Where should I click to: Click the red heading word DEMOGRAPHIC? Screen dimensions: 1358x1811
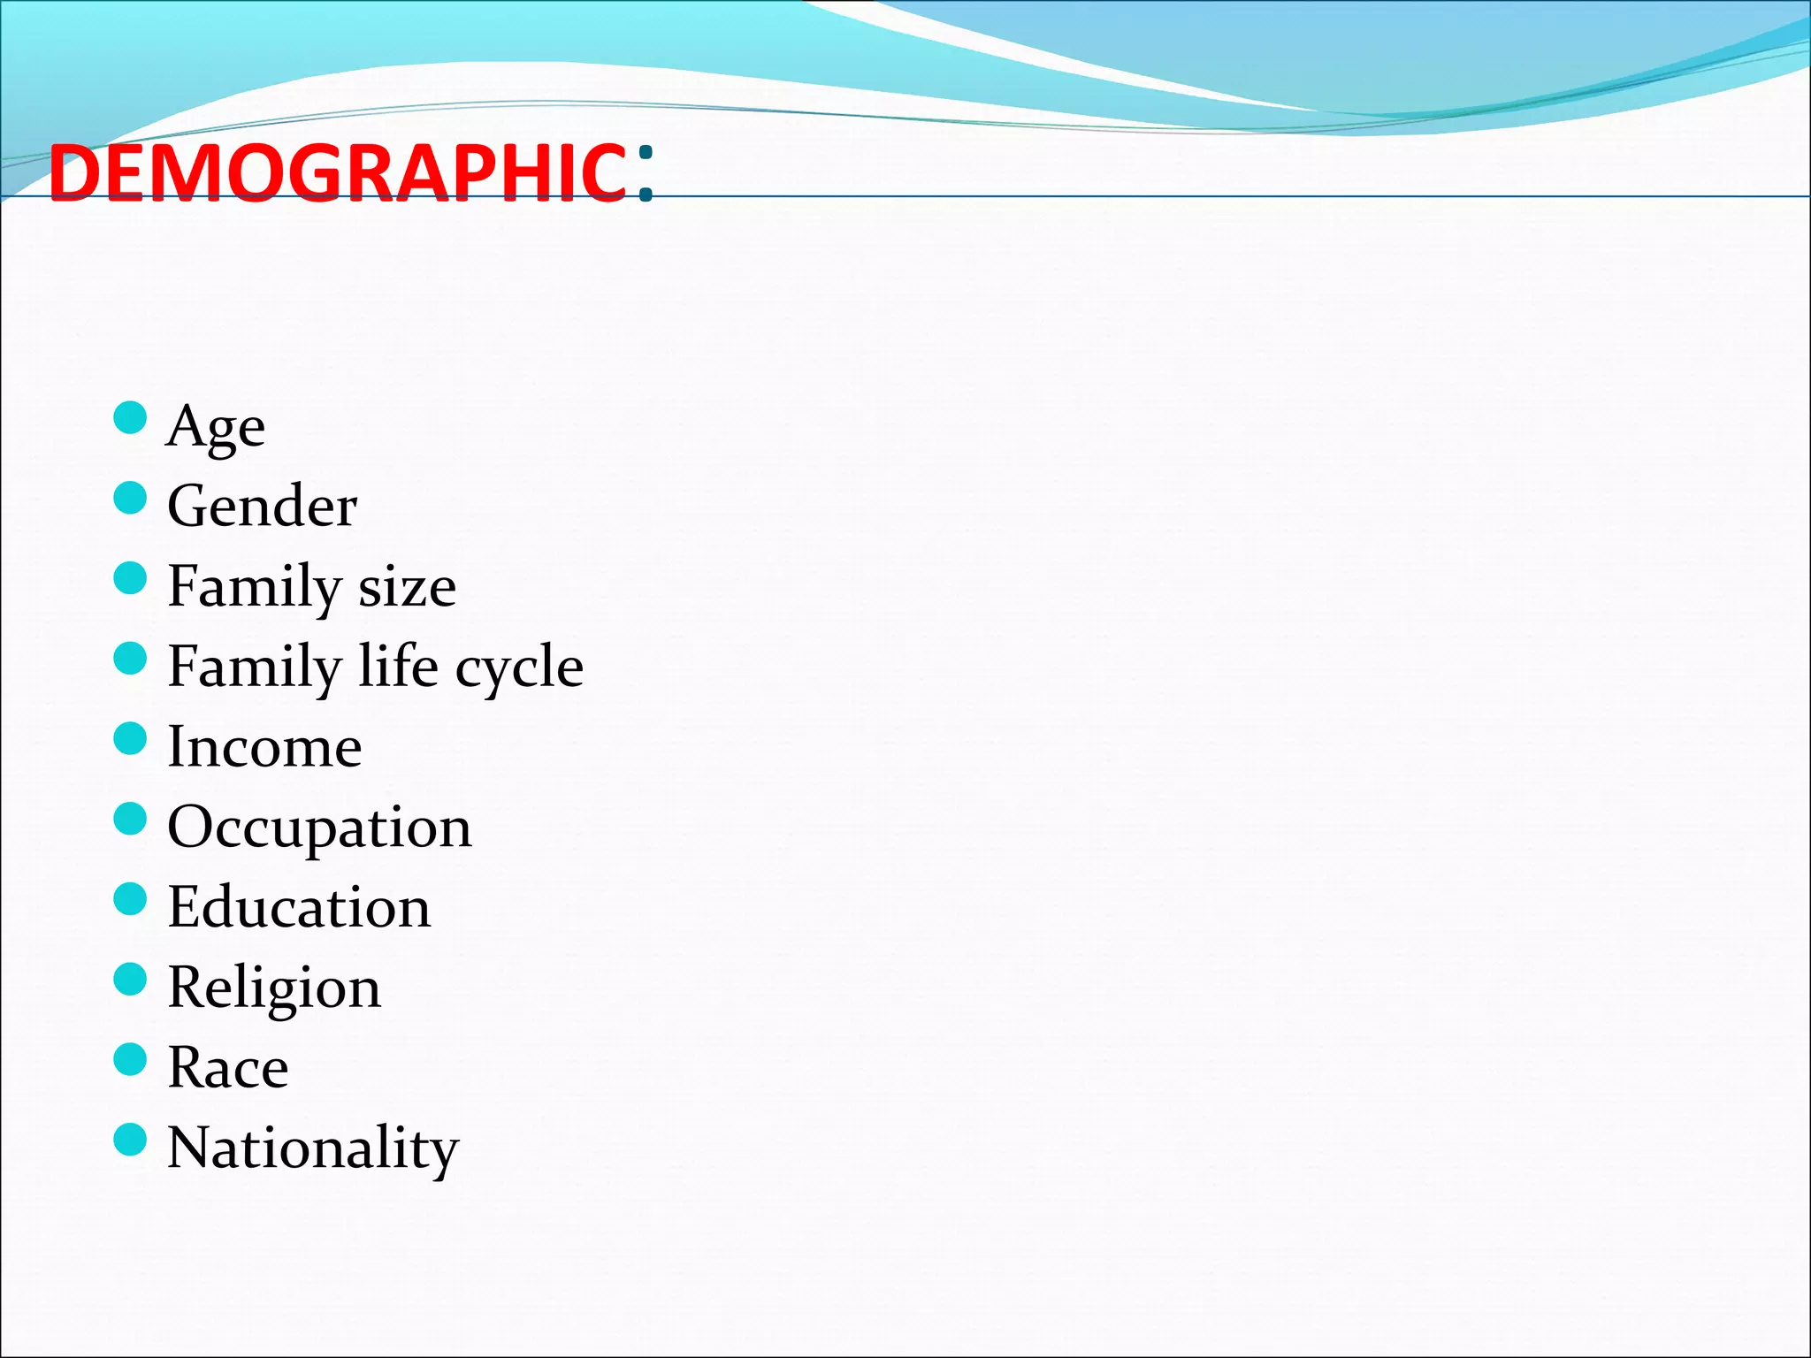[x=337, y=173]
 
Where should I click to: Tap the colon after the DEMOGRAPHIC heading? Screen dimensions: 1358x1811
[x=646, y=173]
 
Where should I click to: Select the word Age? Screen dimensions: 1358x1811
[x=216, y=428]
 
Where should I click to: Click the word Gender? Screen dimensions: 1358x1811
[x=263, y=507]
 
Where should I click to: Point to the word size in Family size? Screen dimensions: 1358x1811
[x=407, y=587]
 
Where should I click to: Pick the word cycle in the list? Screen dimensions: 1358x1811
[x=519, y=668]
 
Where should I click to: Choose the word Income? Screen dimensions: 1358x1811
[x=264, y=747]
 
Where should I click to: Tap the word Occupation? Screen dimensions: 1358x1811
[x=319, y=828]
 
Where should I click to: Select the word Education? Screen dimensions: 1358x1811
[x=299, y=908]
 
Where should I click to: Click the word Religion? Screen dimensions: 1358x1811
[x=274, y=988]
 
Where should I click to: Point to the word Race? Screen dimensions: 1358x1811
[x=228, y=1068]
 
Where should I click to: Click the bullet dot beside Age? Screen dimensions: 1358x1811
[x=130, y=418]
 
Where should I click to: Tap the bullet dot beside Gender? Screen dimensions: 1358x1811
[x=130, y=498]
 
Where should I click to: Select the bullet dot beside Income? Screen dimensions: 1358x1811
[x=130, y=738]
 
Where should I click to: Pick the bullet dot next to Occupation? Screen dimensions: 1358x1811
[x=130, y=819]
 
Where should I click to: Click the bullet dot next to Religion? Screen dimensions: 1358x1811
[x=130, y=979]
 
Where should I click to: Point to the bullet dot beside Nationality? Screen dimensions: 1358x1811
[x=130, y=1140]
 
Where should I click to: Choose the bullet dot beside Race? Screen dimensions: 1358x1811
[x=130, y=1059]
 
